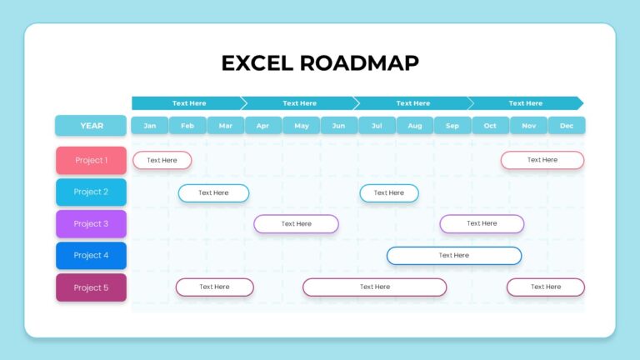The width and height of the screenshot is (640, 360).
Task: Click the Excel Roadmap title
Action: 320,62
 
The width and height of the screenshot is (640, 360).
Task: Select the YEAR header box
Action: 91,126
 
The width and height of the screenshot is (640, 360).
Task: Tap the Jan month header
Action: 150,126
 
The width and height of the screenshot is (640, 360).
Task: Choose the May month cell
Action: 301,126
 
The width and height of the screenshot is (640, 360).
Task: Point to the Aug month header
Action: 414,126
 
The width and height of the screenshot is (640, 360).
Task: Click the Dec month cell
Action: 567,126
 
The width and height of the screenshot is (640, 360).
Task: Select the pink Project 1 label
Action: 91,160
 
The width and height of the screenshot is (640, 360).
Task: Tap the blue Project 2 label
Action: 91,192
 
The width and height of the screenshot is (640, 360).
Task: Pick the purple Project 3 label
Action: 91,223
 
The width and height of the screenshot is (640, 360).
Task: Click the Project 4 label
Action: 91,255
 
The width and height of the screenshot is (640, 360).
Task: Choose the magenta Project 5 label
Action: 91,287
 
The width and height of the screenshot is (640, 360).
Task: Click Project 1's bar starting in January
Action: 162,160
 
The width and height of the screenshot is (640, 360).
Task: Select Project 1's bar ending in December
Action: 542,160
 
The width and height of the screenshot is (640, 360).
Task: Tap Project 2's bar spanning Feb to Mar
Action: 213,192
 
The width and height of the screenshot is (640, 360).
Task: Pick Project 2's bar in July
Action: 388,192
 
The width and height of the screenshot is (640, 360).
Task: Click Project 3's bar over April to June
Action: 296,223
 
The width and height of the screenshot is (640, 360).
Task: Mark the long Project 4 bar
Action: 454,255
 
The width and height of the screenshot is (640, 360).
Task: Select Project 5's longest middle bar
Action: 374,287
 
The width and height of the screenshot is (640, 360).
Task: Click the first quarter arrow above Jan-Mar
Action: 188,103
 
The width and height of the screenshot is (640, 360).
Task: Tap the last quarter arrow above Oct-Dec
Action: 526,103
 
